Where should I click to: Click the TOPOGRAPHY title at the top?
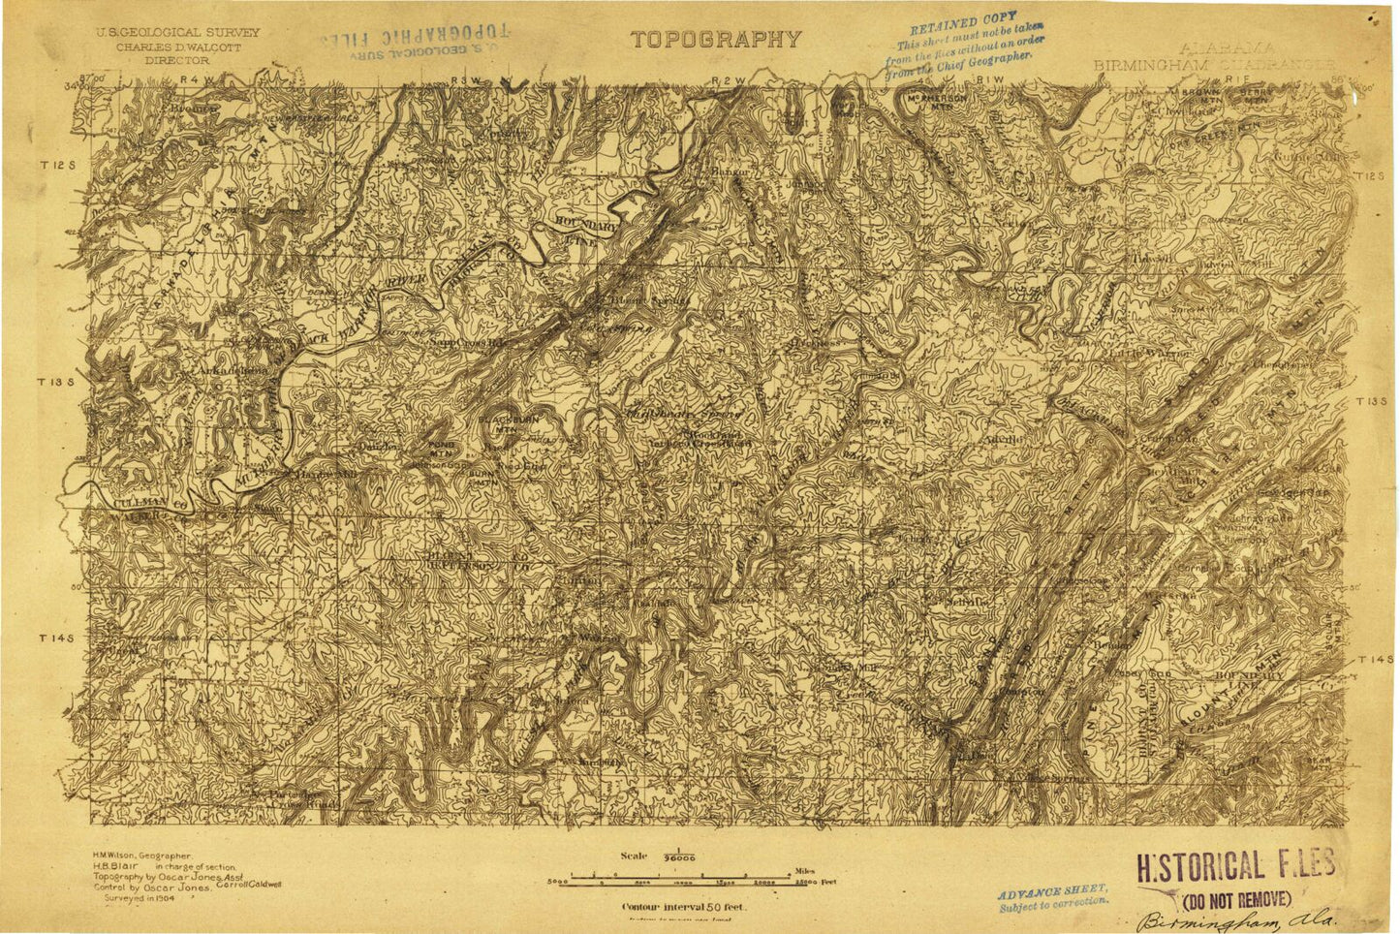click(x=716, y=40)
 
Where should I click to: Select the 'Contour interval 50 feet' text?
click(x=683, y=907)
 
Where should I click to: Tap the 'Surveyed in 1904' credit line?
click(x=142, y=898)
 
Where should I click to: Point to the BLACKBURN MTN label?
click(x=500, y=423)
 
